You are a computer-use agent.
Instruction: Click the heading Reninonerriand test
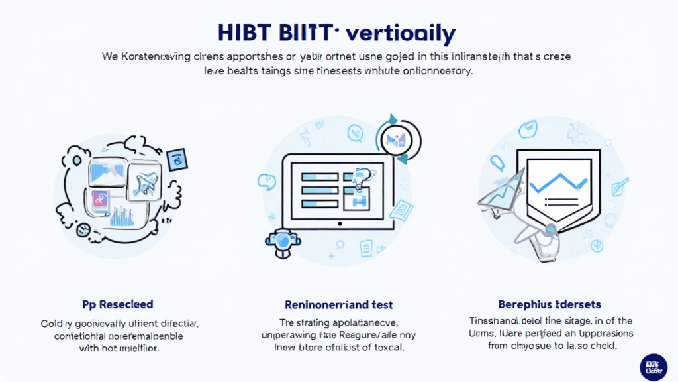(338, 305)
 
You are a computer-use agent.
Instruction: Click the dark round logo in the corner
(654, 366)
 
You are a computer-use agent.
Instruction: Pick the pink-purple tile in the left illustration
(97, 201)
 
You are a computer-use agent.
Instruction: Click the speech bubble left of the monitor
(266, 180)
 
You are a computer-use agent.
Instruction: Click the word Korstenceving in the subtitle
(158, 56)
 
